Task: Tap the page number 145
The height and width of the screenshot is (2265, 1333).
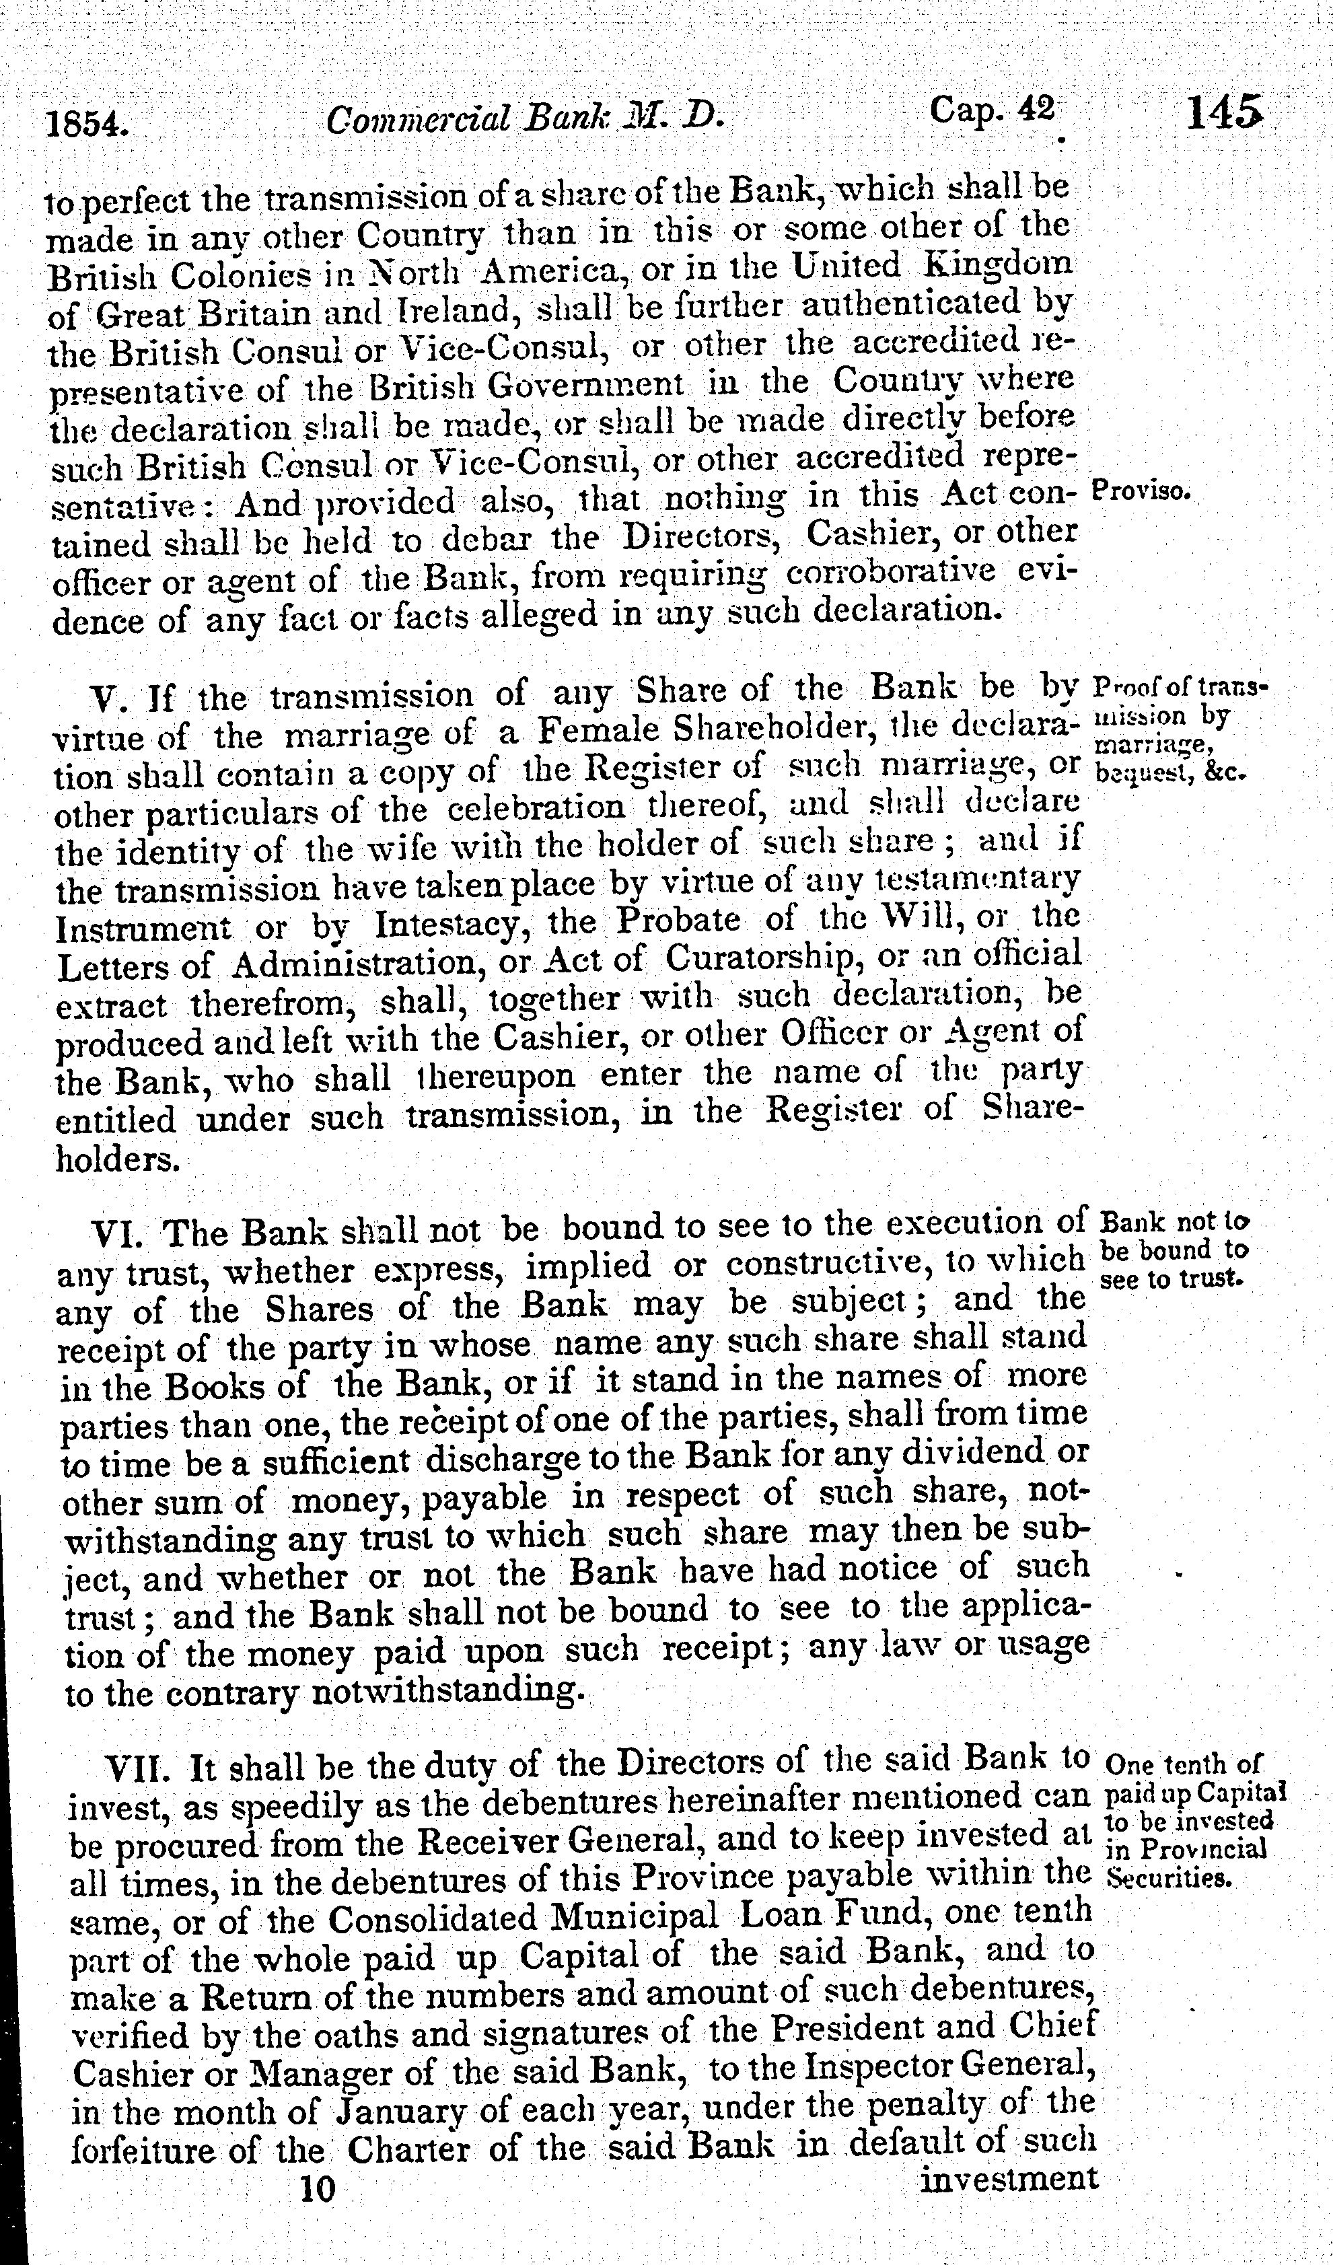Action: point(1224,115)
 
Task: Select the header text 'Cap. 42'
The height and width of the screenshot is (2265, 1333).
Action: point(991,112)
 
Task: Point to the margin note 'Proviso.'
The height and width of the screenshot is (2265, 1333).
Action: point(1140,493)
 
